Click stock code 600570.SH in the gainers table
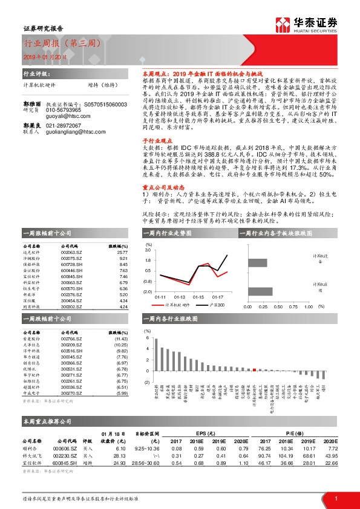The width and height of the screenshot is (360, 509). pos(71,289)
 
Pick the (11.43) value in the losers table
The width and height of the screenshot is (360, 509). pos(121,340)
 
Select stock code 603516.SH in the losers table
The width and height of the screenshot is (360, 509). pos(71,351)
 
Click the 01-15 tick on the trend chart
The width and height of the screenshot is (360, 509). pos(198,297)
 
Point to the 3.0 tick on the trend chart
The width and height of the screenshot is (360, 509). pos(148,249)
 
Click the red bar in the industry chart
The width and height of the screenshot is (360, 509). pos(255,370)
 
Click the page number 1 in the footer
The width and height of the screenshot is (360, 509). pos(336,498)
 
